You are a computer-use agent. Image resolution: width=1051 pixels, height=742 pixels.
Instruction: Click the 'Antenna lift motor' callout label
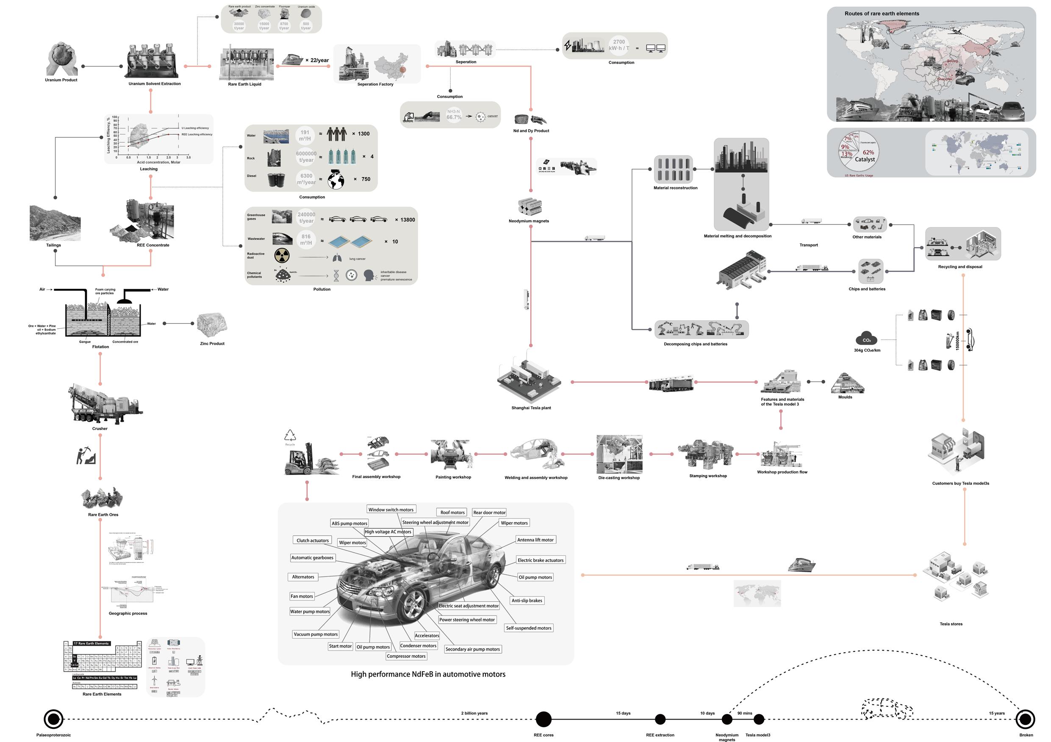(535, 540)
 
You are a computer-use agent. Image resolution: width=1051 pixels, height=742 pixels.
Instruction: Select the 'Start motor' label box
(340, 646)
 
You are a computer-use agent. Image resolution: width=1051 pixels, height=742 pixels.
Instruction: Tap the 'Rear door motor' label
(489, 512)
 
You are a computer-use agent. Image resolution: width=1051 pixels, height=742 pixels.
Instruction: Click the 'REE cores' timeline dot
(544, 719)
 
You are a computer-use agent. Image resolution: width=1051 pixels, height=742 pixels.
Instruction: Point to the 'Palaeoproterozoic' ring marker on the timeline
(53, 719)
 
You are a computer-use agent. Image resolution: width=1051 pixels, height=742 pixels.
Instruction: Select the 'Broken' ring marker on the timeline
(1025, 719)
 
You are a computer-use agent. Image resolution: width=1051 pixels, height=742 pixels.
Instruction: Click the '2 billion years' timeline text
(474, 713)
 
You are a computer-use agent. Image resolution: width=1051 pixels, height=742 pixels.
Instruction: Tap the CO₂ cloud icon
(866, 339)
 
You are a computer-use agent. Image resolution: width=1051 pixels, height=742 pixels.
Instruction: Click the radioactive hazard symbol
(282, 255)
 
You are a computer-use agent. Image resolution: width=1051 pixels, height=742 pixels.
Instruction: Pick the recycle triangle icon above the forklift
(290, 435)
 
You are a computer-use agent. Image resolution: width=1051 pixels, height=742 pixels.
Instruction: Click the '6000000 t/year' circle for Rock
(306, 157)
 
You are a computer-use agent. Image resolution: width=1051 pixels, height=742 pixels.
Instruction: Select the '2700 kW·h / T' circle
(619, 45)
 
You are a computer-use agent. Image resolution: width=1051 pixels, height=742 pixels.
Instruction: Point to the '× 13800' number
(405, 220)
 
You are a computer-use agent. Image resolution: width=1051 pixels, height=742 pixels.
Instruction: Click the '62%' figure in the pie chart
(868, 152)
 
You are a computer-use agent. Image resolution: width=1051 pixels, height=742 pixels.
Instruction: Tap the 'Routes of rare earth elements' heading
(882, 14)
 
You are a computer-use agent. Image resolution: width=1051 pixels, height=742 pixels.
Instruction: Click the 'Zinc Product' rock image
(212, 324)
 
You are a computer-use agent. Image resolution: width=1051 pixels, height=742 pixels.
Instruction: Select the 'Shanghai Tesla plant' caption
(531, 408)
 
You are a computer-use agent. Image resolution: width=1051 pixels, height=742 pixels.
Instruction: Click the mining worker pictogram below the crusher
(86, 456)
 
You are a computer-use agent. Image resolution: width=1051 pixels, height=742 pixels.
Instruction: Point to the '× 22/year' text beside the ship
(317, 61)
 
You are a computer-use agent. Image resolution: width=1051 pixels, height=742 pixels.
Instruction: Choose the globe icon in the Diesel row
(336, 179)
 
